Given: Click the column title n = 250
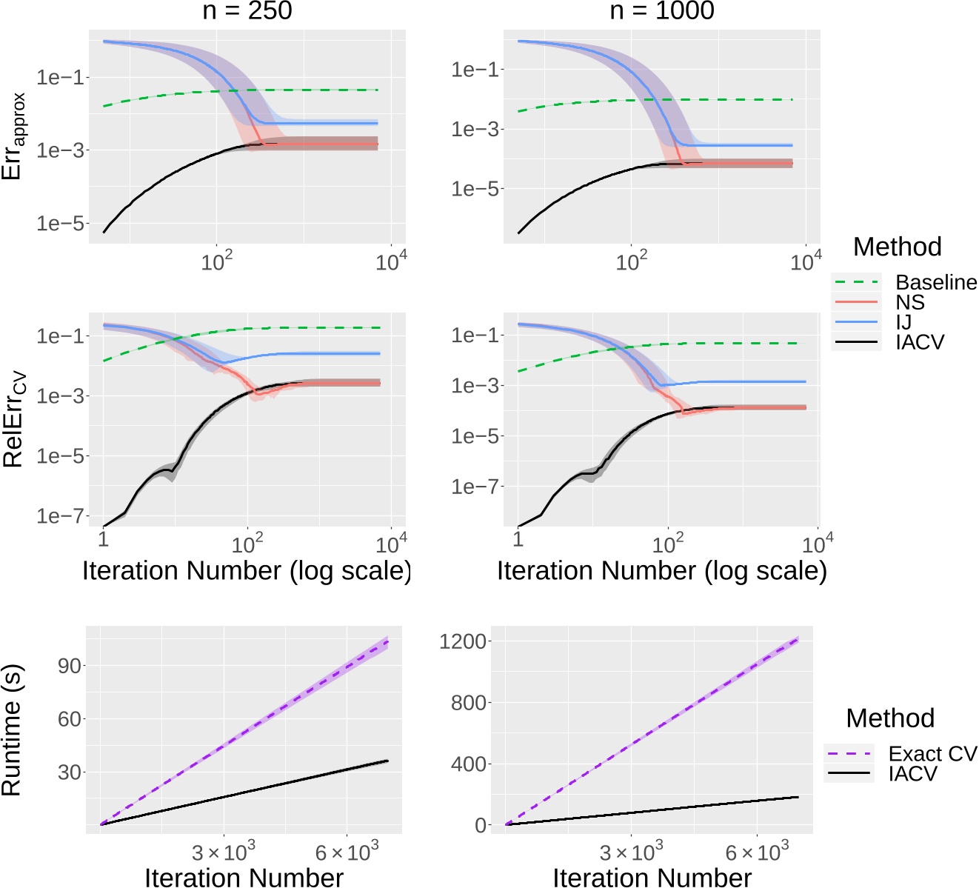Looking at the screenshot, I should click(x=247, y=11).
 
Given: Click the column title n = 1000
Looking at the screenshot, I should click(x=661, y=11).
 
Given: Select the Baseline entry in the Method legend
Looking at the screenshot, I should click(x=936, y=282).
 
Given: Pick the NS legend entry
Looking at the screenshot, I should click(x=910, y=302).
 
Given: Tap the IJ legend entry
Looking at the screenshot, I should click(x=903, y=322).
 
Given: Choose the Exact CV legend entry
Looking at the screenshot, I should click(x=932, y=754).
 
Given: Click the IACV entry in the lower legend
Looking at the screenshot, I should click(x=912, y=774).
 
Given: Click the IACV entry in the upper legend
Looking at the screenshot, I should click(x=920, y=342).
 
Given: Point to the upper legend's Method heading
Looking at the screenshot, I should click(x=897, y=247).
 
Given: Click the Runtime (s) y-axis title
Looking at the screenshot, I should click(x=12, y=730).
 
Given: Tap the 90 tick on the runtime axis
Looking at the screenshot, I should click(x=70, y=666).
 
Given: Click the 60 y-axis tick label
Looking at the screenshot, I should click(x=70, y=719).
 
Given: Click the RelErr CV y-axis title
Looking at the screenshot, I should click(x=15, y=418).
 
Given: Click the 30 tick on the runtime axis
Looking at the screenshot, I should click(x=70, y=772).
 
